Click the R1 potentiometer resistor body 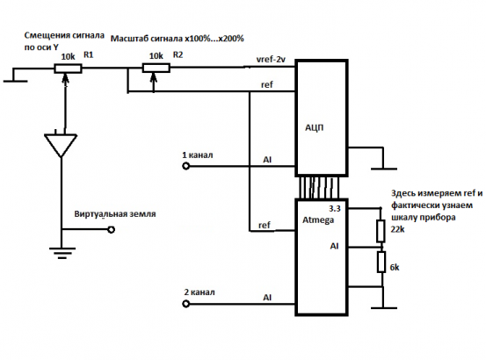coord(68,68)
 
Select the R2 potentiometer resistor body coord(156,68)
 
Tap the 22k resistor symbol coord(381,231)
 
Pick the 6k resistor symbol coord(381,262)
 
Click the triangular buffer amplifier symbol coord(61,145)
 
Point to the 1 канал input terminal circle coord(185,166)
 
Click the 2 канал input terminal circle coord(185,304)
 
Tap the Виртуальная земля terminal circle coord(112,229)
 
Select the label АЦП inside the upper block coord(315,128)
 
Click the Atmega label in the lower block coord(318,220)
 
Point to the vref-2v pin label coord(271,59)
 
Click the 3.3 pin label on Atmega coord(335,209)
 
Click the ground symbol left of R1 coord(15,76)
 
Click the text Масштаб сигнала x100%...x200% coord(178,39)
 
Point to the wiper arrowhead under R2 coord(154,79)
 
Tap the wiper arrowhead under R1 coord(65,80)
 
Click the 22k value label coord(397,229)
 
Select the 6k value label coord(395,268)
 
